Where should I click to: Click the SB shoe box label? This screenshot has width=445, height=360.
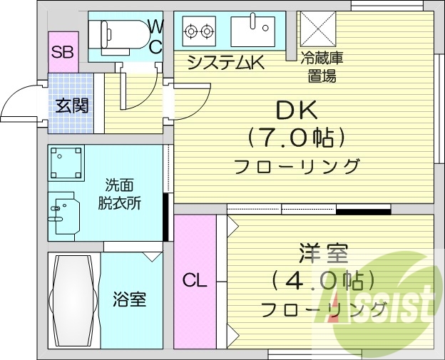coord(62,51)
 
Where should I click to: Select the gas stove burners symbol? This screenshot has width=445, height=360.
coord(199,31)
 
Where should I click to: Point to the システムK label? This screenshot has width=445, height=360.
coord(225,63)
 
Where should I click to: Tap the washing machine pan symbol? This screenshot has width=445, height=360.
coord(66,163)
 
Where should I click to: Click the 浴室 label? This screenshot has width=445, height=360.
coord(129,299)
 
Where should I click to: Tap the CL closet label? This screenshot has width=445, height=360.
coord(193,280)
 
